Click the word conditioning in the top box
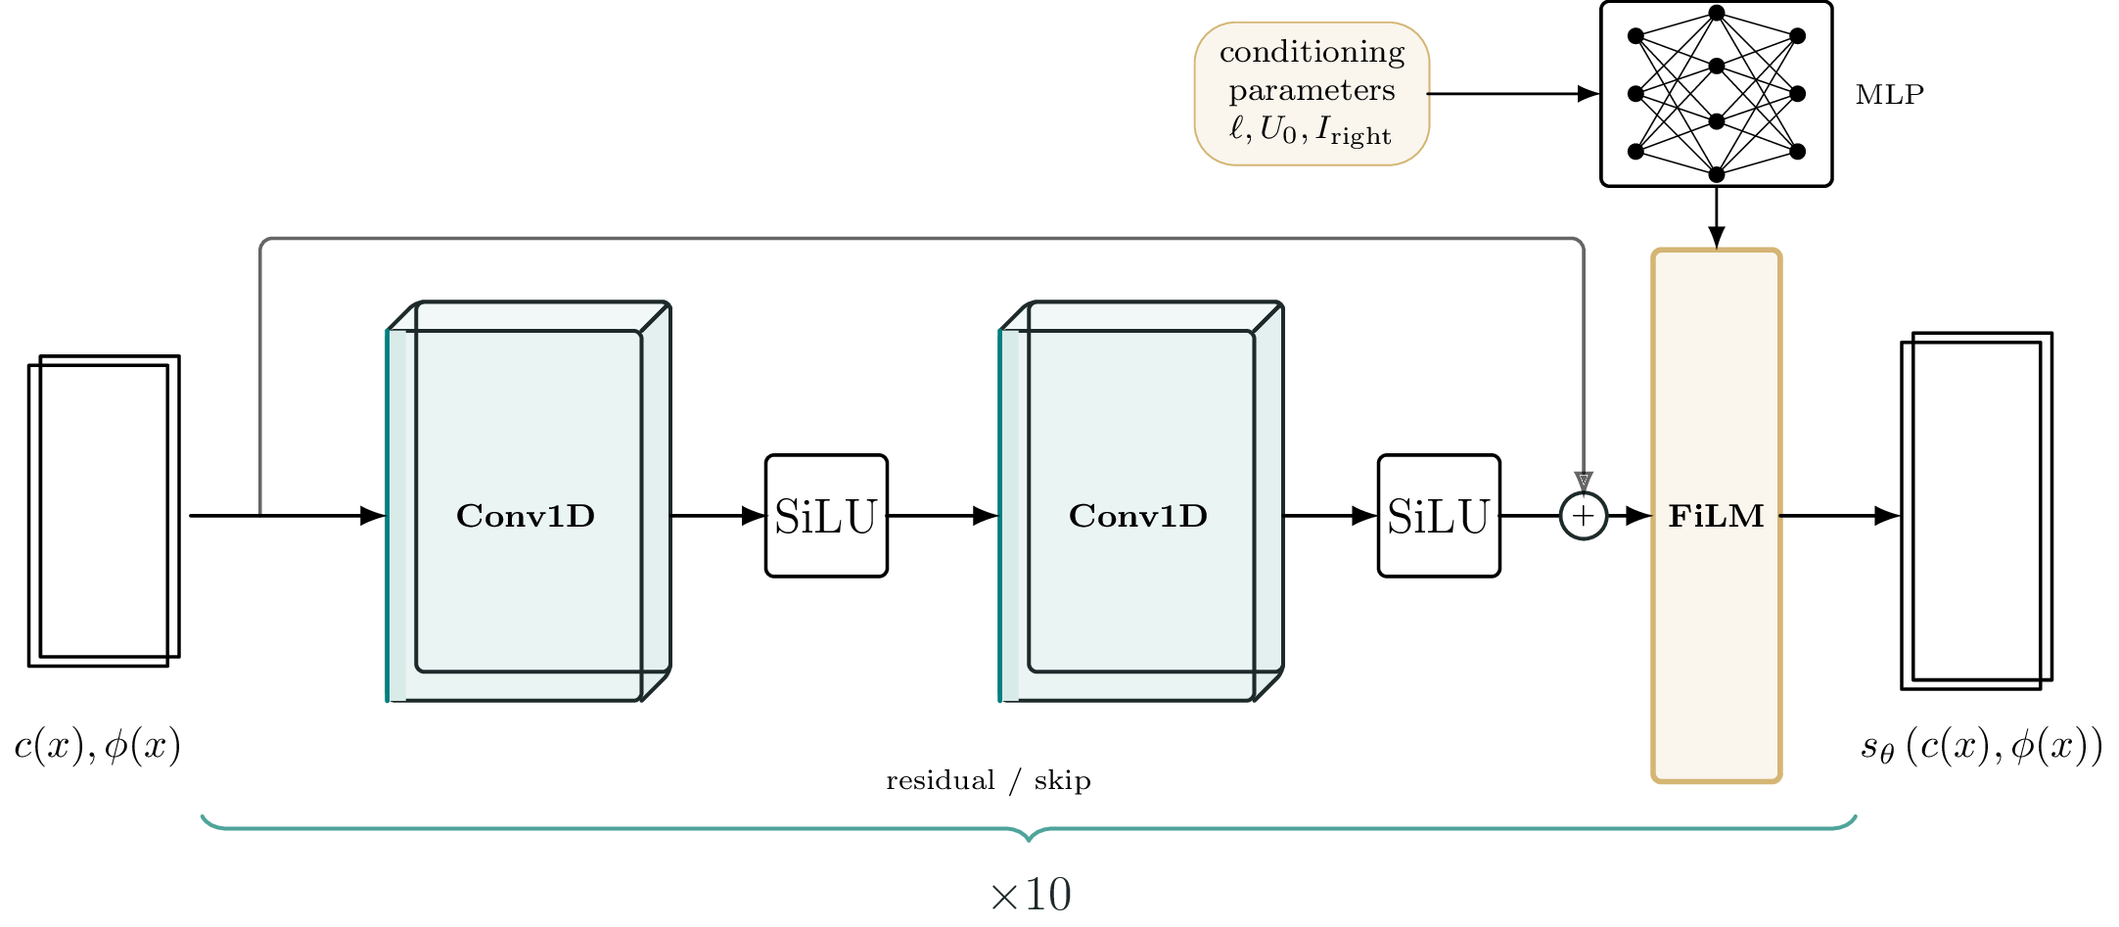click(x=1312, y=52)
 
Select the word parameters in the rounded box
click(x=1312, y=91)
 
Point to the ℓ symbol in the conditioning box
click(x=1237, y=129)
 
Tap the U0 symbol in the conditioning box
click(x=1275, y=130)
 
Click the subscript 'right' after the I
click(x=1360, y=136)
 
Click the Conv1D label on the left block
click(x=525, y=516)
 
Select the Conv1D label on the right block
click(x=1137, y=516)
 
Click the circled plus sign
click(x=1583, y=516)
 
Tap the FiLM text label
click(x=1716, y=516)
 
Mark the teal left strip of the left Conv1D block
click(x=390, y=516)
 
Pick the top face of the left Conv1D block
click(x=529, y=316)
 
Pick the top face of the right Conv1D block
click(x=1141, y=316)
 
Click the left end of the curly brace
click(x=204, y=817)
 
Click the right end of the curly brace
click(x=1855, y=817)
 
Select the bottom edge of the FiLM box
click(x=1716, y=780)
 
